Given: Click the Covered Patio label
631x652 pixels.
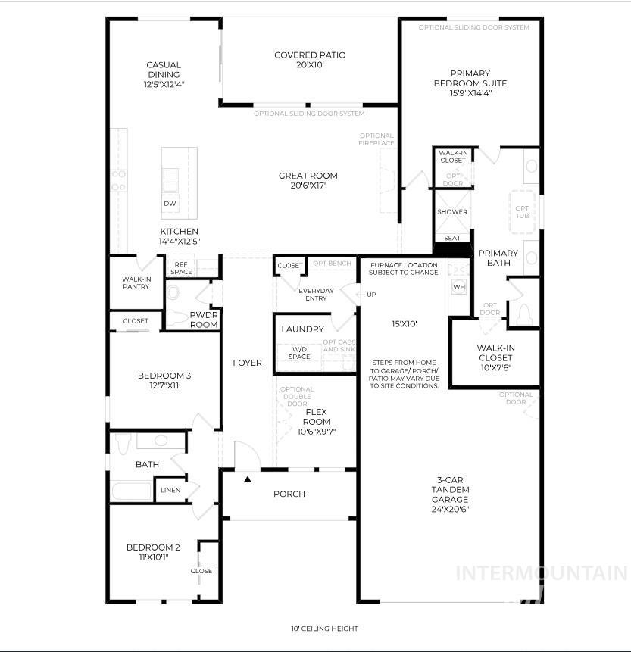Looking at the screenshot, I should pyautogui.click(x=309, y=55).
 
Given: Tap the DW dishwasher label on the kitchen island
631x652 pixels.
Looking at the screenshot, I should pyautogui.click(x=170, y=204).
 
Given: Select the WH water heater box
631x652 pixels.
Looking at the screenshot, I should pyautogui.click(x=458, y=287).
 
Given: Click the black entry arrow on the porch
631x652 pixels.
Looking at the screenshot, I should pyautogui.click(x=247, y=479).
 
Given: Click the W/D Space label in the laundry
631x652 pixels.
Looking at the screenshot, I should pyautogui.click(x=299, y=353).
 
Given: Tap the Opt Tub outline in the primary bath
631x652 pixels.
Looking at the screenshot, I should pyautogui.click(x=523, y=212).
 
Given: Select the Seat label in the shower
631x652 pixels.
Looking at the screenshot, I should pyautogui.click(x=452, y=238).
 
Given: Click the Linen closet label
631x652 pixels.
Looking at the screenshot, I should pyautogui.click(x=170, y=490).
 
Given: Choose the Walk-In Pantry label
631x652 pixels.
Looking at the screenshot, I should pyautogui.click(x=136, y=283).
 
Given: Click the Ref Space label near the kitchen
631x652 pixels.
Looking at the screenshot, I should pyautogui.click(x=181, y=268).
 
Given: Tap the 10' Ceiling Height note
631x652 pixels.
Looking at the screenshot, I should pyautogui.click(x=324, y=629).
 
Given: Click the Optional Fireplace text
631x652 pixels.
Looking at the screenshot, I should pyautogui.click(x=376, y=139).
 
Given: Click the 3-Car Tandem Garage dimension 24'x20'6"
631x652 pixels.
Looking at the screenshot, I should pyautogui.click(x=451, y=510).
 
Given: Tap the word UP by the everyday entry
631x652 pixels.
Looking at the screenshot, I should pyautogui.click(x=371, y=294).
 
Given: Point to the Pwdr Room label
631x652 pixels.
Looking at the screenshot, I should pyautogui.click(x=204, y=319).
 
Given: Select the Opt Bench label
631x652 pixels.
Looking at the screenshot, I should pyautogui.click(x=332, y=264).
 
